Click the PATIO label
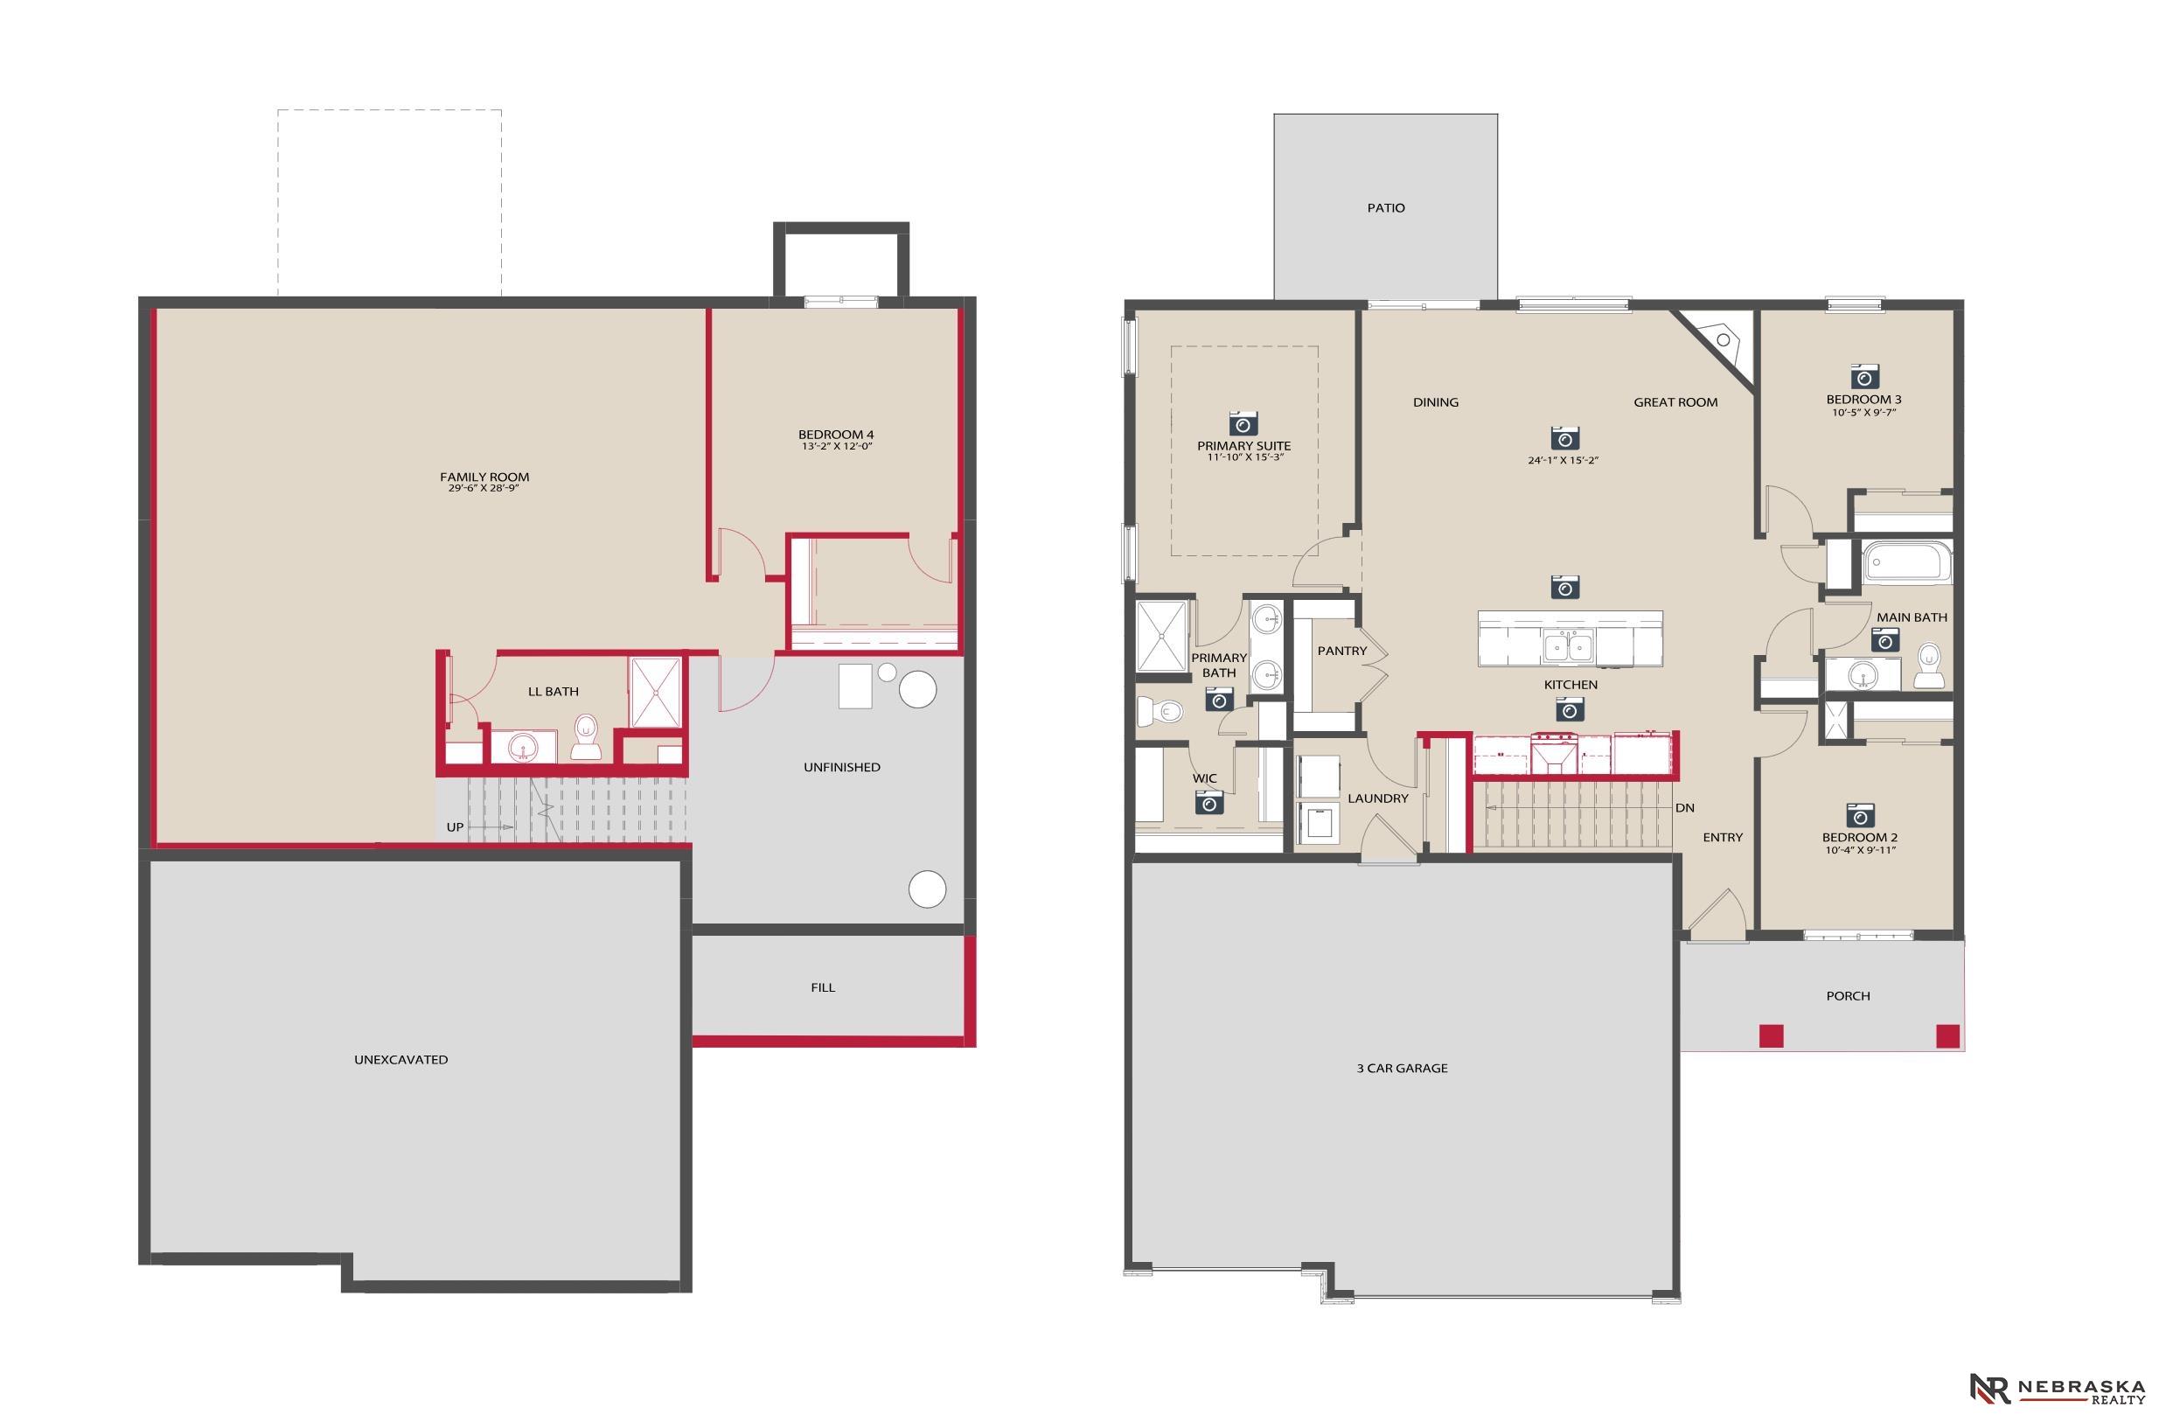(1386, 209)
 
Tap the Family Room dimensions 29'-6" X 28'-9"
(484, 489)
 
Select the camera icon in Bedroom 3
(1864, 376)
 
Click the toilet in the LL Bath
(586, 736)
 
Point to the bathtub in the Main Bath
(1905, 561)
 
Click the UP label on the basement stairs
(456, 827)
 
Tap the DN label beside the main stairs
(1684, 808)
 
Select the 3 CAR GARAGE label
(1402, 1069)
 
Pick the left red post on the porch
(1772, 1035)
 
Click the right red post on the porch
(1947, 1035)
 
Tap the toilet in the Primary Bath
(1159, 710)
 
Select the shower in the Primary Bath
(1162, 635)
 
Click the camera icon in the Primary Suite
(1243, 423)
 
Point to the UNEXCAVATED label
(401, 1059)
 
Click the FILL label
(823, 987)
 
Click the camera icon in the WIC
(1209, 802)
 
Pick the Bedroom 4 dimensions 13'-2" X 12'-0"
(835, 446)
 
